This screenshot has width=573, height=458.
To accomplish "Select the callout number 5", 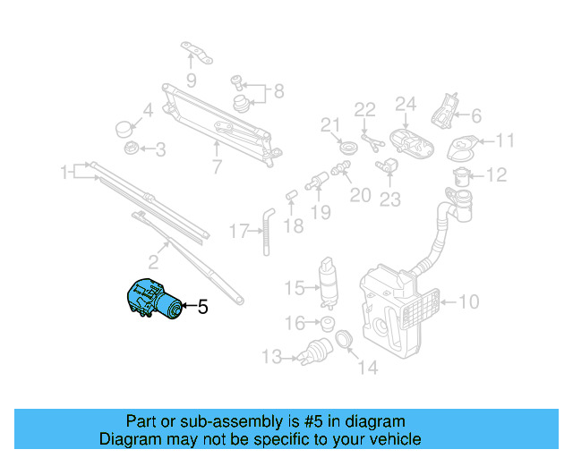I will [x=202, y=308].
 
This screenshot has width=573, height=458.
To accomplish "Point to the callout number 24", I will [x=406, y=104].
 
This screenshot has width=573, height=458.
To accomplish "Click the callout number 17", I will [x=237, y=232].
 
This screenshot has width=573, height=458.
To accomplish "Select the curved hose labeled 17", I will [x=266, y=229].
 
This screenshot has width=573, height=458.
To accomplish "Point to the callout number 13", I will [x=272, y=358].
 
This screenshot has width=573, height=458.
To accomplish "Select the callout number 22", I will [x=363, y=110].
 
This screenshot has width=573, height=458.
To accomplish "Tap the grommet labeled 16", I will [x=328, y=322].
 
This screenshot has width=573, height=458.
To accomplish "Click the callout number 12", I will [x=497, y=174].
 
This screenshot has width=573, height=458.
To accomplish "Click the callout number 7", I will [x=216, y=165].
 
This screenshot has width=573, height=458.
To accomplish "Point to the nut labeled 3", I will [x=130, y=148].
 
